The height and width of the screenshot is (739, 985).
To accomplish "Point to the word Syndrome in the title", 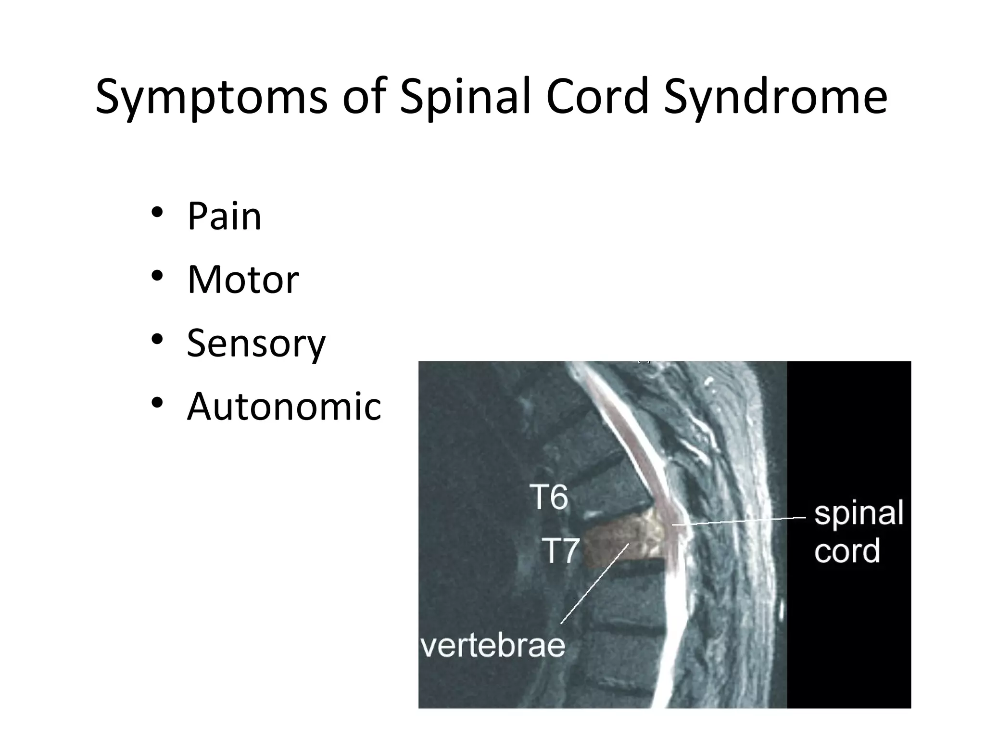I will [x=775, y=98].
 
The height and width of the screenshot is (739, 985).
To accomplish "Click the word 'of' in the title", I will [x=364, y=98].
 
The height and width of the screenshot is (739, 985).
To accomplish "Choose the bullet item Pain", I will [x=224, y=217].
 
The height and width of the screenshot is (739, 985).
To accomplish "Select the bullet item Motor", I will [x=243, y=280].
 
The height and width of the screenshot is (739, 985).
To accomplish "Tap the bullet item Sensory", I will [x=256, y=344].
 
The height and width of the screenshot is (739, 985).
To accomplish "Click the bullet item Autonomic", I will [x=284, y=407].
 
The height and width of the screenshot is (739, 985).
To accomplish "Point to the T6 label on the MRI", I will [x=549, y=497].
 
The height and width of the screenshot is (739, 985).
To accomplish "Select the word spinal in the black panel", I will [x=859, y=514].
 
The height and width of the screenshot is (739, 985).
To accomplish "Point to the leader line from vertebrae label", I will [x=594, y=584].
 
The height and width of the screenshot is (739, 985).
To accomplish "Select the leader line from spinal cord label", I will [x=741, y=521].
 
